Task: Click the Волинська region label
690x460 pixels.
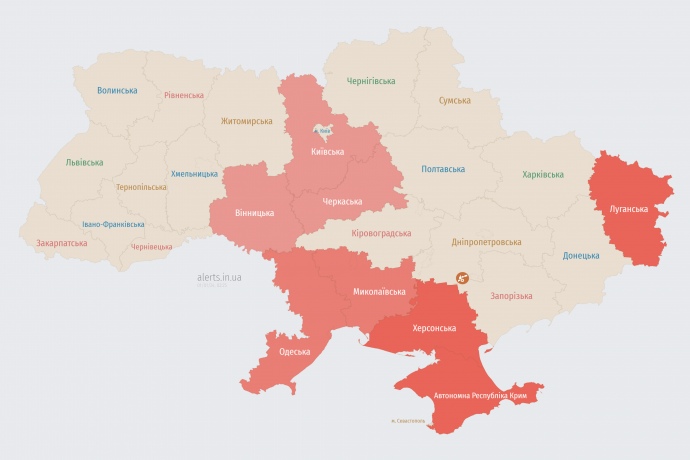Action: [x=117, y=90]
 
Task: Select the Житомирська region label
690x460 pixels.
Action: [x=246, y=121]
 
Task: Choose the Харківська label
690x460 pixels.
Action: [x=542, y=175]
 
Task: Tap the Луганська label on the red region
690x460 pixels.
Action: [x=628, y=209]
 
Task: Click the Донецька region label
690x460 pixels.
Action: [x=580, y=255]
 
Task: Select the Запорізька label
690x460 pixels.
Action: [x=511, y=296]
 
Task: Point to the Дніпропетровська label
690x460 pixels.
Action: [x=486, y=242]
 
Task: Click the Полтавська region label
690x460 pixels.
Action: [x=442, y=169]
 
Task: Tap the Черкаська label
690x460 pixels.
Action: [x=342, y=201]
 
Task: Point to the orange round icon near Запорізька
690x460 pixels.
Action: [x=462, y=279]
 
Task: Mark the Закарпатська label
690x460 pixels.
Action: [x=61, y=243]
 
